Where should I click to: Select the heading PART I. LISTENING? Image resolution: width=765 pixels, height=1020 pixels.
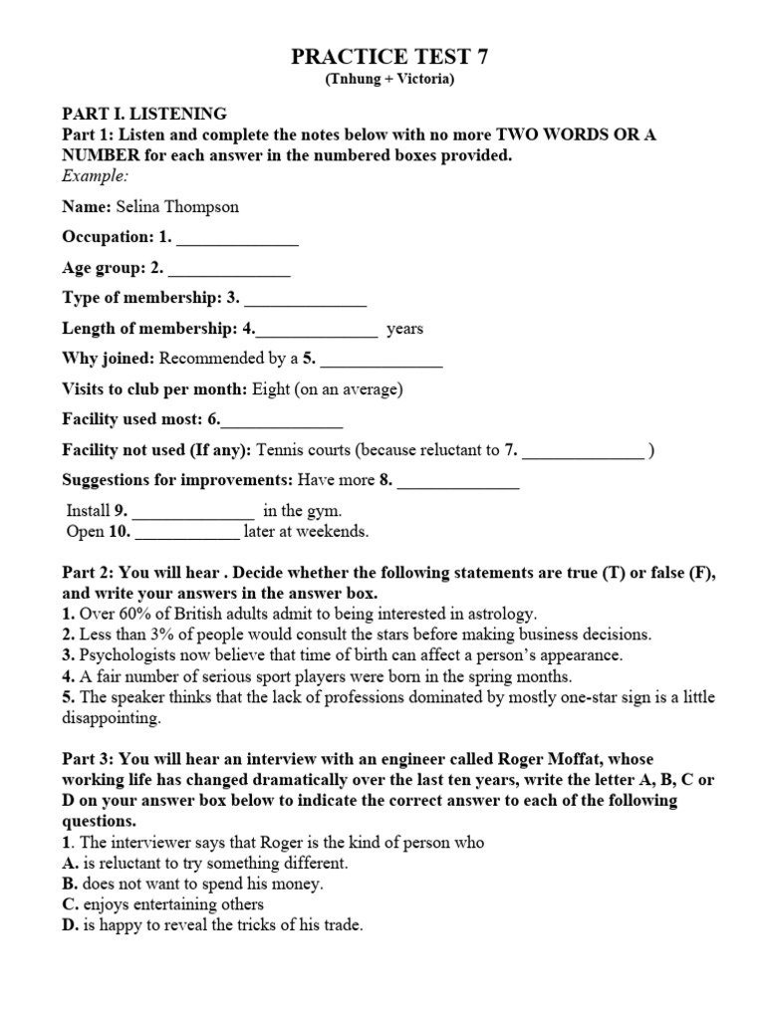coord(144,114)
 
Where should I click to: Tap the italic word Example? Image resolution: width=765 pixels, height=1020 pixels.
coord(96,175)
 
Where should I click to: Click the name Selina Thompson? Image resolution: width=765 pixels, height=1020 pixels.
coord(177,207)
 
